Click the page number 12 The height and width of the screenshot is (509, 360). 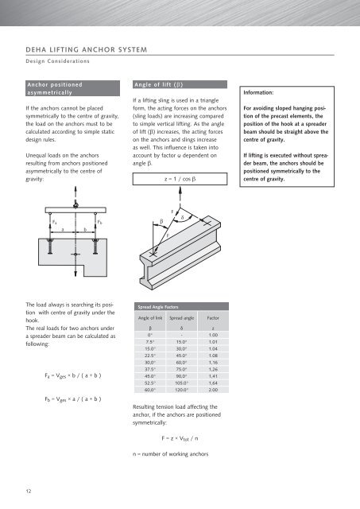click(x=29, y=492)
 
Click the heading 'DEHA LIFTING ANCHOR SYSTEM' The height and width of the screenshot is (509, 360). click(x=87, y=49)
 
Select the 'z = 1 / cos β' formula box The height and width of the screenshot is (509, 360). click(x=180, y=179)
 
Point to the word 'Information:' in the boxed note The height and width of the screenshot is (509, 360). click(x=258, y=92)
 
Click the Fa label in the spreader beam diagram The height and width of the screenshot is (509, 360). click(x=55, y=222)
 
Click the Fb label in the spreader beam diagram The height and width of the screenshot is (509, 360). click(x=99, y=222)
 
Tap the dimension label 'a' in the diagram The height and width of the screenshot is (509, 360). click(x=63, y=230)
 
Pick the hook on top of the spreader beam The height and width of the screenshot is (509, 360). click(x=75, y=205)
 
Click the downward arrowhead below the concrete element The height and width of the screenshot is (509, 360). click(x=75, y=274)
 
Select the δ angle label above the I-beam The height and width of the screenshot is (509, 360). click(x=182, y=217)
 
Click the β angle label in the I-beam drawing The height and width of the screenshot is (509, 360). click(x=161, y=222)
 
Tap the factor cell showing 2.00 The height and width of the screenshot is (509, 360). click(x=213, y=390)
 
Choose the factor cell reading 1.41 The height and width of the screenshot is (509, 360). click(x=213, y=376)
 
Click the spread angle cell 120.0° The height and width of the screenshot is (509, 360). click(x=181, y=390)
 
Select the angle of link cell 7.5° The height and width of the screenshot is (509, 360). click(x=150, y=342)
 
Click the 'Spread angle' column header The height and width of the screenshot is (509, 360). click(x=182, y=318)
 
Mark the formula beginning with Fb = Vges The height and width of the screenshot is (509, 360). click(x=73, y=399)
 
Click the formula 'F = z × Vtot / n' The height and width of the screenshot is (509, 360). click(x=180, y=438)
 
